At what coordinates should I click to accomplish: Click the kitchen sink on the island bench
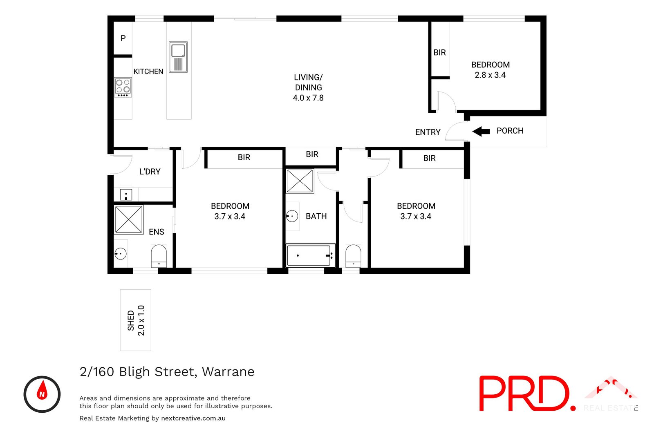178,57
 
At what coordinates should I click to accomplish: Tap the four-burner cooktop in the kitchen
123,87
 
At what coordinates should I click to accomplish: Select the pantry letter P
123,38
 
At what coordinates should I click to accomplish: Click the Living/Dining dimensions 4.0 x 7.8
308,98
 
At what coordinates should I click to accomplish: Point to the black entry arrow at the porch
481,131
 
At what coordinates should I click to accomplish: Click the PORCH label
510,131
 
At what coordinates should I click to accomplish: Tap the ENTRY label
428,132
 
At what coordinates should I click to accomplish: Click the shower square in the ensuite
129,219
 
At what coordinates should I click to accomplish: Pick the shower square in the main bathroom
300,181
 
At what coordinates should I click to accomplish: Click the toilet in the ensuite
159,255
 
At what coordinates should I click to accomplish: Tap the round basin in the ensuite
120,254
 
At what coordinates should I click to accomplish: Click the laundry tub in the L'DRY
126,195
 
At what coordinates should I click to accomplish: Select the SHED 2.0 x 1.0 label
136,320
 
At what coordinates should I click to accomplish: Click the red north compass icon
42,394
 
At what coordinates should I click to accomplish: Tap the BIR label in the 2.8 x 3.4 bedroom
439,53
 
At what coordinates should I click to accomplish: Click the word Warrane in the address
228,372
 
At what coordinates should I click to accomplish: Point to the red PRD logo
525,394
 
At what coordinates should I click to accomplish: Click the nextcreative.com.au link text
193,418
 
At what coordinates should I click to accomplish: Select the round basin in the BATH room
292,216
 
